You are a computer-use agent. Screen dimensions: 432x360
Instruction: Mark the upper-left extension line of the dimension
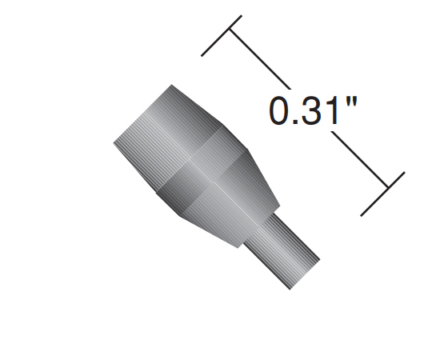pyautogui.click(x=222, y=36)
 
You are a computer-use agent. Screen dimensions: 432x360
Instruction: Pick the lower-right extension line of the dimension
pyautogui.click(x=382, y=194)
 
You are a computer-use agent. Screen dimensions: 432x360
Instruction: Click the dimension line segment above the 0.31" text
pyautogui.click(x=260, y=59)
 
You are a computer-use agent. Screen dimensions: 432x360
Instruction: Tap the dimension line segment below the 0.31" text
pyautogui.click(x=359, y=159)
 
